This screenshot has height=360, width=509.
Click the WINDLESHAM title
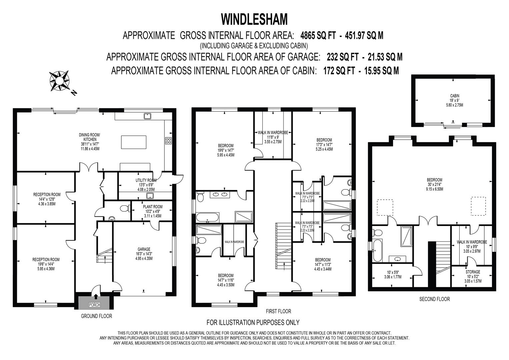click(254, 19)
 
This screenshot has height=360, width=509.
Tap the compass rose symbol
click(60, 81)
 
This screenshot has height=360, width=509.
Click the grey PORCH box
click(94, 301)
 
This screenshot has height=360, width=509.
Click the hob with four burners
click(168, 140)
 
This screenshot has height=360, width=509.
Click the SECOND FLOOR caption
click(434, 299)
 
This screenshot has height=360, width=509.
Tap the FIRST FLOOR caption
click(278, 311)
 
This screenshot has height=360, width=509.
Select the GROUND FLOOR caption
click(96, 316)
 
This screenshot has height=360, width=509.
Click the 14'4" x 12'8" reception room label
click(47, 199)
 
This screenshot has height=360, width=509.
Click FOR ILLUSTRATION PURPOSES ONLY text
click(253, 322)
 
